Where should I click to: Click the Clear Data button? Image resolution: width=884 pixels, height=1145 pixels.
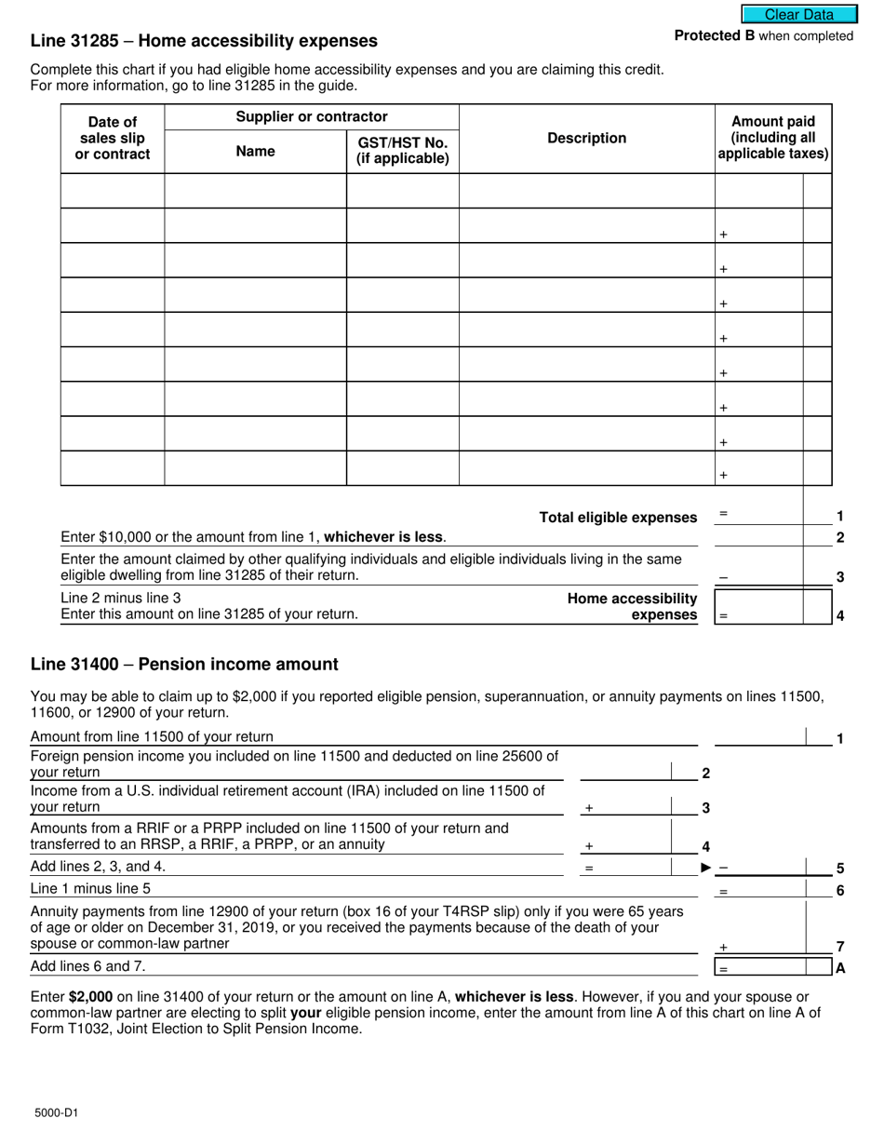click(x=798, y=14)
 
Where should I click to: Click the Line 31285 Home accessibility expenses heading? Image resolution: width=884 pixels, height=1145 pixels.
click(x=204, y=41)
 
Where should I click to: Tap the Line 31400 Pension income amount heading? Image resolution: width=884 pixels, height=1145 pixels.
click(x=184, y=664)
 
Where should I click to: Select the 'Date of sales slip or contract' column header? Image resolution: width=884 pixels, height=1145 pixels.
click(x=112, y=138)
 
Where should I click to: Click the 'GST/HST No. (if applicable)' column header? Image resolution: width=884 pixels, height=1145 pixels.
click(x=402, y=150)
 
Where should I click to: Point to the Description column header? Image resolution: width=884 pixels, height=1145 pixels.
click(x=586, y=138)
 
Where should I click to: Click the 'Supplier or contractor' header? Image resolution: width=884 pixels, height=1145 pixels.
click(x=311, y=116)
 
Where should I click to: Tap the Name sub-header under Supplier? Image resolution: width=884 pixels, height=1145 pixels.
click(x=255, y=151)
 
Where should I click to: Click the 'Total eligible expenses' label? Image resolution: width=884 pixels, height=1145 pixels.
click(x=618, y=518)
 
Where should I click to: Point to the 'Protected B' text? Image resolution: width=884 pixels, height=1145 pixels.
click(x=715, y=36)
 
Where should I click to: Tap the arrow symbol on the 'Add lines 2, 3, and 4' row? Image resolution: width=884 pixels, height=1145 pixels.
click(x=706, y=868)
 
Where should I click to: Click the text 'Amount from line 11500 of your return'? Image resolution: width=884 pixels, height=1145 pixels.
click(x=152, y=736)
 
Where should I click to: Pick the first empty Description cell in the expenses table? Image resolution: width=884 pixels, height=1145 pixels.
click(x=586, y=190)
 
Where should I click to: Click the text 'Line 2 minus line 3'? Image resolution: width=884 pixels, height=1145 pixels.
click(x=121, y=598)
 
